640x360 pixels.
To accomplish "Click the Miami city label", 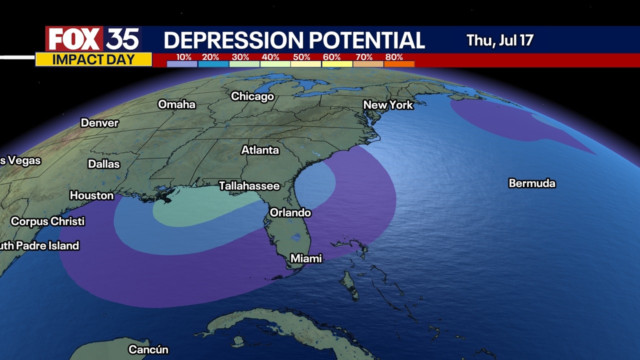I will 306,258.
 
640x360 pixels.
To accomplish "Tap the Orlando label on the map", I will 290,212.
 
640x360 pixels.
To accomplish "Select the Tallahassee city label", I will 249,186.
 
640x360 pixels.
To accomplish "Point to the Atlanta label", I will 260,150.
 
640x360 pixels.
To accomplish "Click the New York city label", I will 388,105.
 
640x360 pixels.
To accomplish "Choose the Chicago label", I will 252,96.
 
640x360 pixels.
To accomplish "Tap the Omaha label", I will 176,104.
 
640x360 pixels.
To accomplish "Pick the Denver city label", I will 99,123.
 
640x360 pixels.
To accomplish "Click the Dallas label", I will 104,164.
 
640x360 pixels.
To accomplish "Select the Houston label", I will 91,195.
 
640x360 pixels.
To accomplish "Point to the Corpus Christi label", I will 48,221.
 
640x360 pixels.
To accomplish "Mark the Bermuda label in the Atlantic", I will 532,183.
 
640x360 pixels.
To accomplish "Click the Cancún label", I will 148,349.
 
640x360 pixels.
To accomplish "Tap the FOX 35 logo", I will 93,39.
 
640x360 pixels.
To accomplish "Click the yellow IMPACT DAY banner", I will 93,59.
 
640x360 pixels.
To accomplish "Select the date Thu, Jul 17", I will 499,40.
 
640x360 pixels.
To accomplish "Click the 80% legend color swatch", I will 399,64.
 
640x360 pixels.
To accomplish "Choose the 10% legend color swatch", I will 182,64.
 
